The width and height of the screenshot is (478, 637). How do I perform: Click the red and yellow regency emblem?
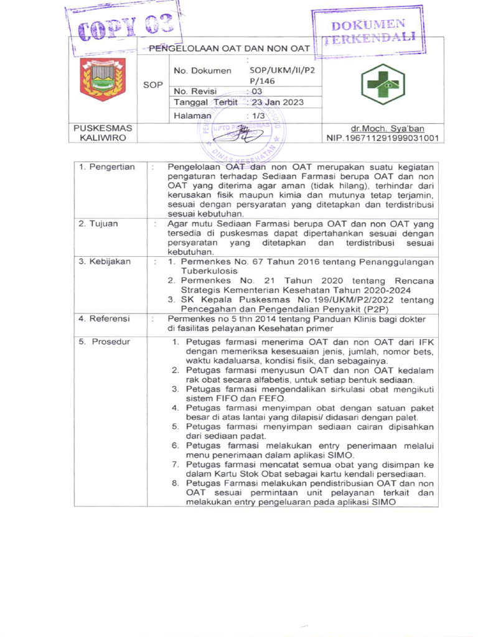pyautogui.click(x=103, y=79)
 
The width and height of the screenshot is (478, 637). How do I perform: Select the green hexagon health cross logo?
pyautogui.click(x=383, y=85)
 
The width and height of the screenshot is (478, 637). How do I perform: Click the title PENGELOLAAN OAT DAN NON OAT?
pyautogui.click(x=229, y=49)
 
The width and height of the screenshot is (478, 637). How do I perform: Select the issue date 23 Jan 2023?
pyautogui.click(x=278, y=102)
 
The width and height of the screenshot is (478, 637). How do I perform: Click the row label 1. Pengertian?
pyautogui.click(x=106, y=167)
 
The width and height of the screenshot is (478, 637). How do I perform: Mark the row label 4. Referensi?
pyautogui.click(x=104, y=318)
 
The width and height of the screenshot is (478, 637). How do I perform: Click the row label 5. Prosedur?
pyautogui.click(x=105, y=342)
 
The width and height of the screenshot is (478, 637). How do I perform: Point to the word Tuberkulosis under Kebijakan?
pyautogui.click(x=209, y=271)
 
